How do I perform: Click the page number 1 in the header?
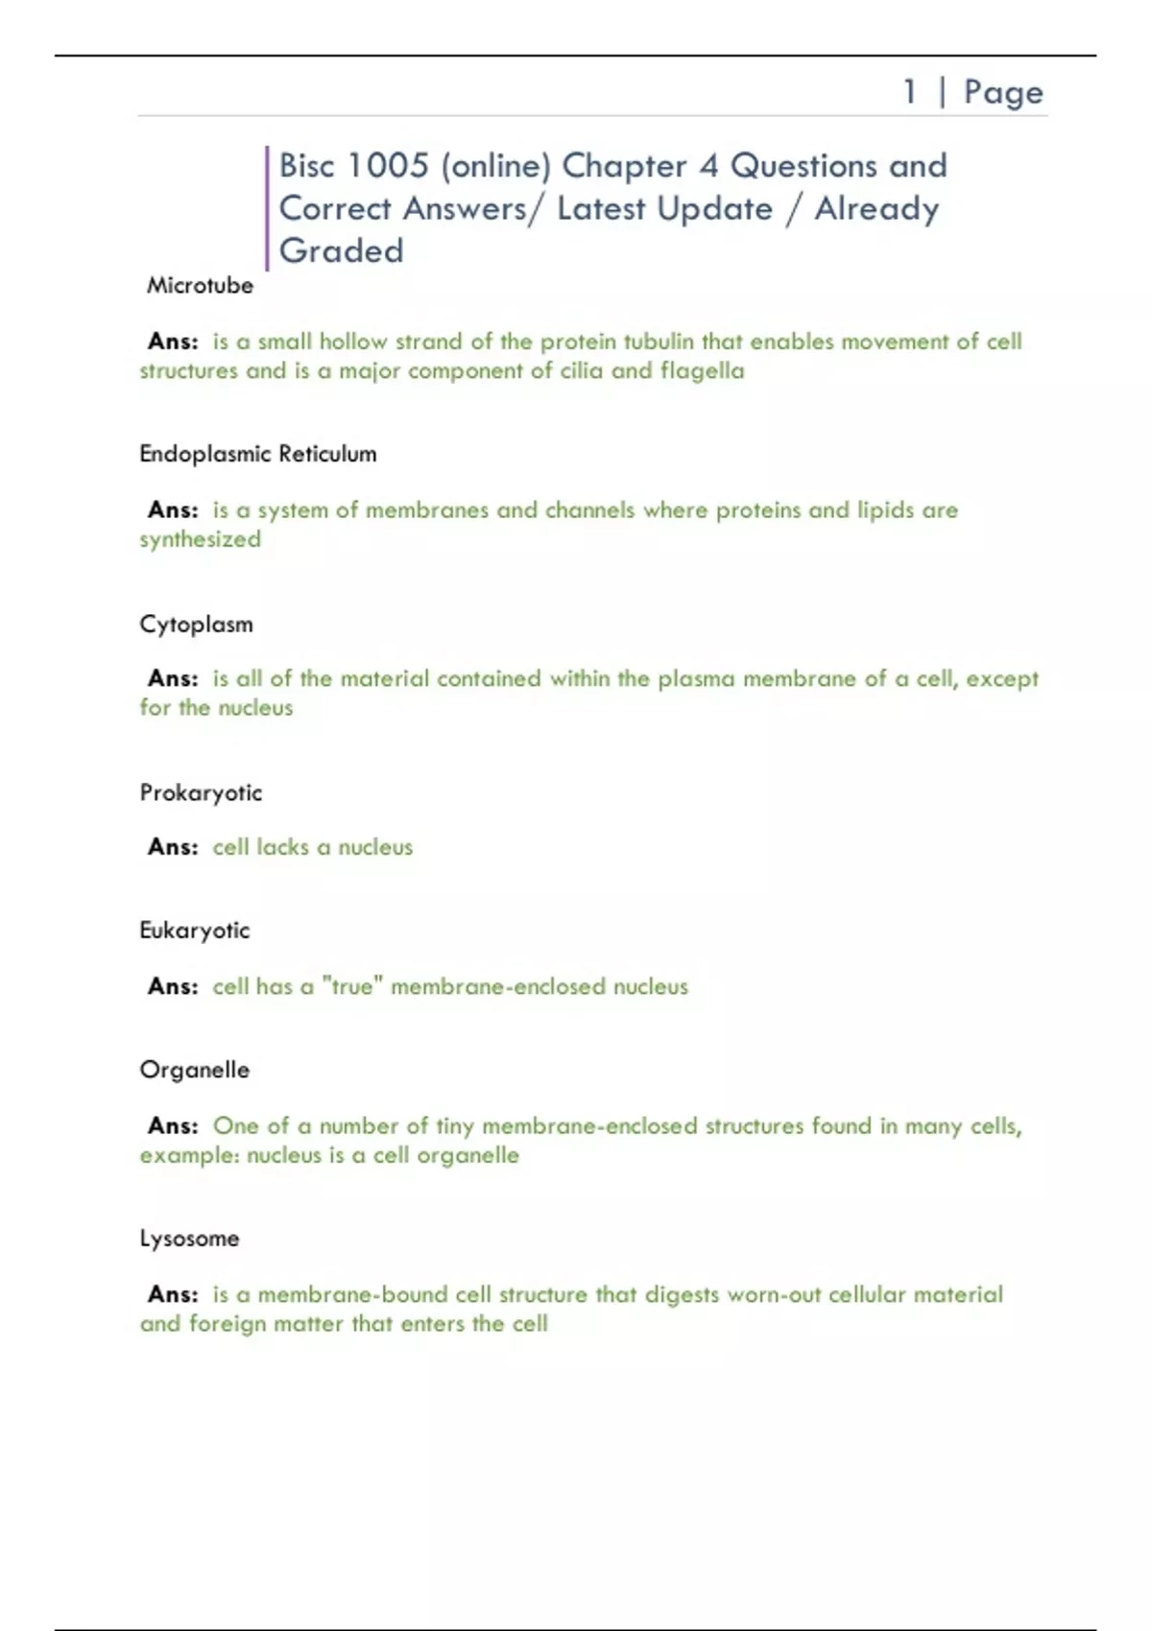click(909, 92)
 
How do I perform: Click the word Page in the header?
click(1003, 93)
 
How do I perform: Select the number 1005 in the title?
click(388, 166)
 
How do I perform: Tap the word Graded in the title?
click(341, 251)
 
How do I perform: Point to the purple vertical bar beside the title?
click(267, 208)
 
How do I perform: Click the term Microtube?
click(200, 286)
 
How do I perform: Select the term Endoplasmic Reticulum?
click(257, 454)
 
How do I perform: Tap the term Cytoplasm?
click(196, 625)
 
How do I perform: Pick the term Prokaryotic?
click(201, 793)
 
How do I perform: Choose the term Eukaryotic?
click(194, 931)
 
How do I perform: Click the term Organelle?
click(194, 1070)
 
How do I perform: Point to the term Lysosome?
click(189, 1239)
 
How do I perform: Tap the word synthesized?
click(200, 540)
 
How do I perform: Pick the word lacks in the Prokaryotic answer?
click(282, 847)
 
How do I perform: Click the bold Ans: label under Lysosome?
click(173, 1294)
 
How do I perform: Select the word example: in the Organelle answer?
click(189, 1156)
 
